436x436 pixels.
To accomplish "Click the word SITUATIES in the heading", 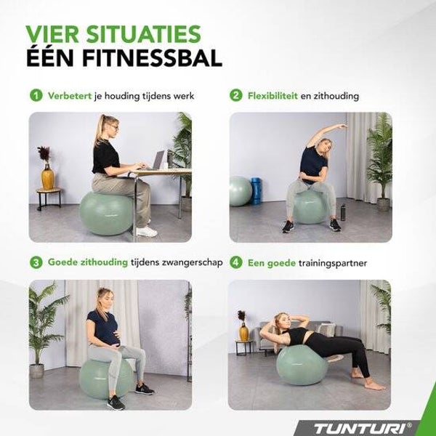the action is [x=143, y=34].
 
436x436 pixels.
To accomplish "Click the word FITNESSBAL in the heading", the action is [x=152, y=58].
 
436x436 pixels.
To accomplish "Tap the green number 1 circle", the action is [x=36, y=96].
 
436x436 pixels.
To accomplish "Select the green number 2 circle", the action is [x=235, y=96].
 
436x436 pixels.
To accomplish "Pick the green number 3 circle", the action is [x=36, y=262].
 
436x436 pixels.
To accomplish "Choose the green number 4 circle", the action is [x=235, y=262].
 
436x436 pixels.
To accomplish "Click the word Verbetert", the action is [x=70, y=96].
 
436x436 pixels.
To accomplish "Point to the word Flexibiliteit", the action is [x=272, y=96].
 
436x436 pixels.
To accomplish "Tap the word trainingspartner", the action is [x=333, y=263].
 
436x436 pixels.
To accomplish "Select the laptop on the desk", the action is [x=156, y=161].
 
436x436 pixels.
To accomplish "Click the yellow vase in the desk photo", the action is [x=47, y=177].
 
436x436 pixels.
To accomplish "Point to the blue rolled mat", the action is [x=256, y=191].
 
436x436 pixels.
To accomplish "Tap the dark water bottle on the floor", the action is [x=343, y=212].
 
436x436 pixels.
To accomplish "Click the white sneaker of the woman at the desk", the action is [x=146, y=232].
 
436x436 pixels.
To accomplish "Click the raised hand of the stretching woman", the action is [x=342, y=126].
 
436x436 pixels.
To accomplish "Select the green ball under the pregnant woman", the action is [x=106, y=379].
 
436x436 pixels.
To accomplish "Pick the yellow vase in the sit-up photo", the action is [x=243, y=332].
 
